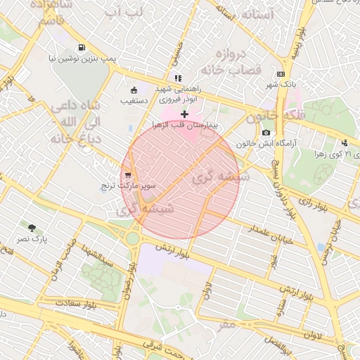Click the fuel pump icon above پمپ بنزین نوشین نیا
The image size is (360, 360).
coord(83,48)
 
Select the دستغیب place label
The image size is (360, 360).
coord(134,101)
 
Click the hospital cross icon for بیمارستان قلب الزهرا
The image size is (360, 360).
coord(185,114)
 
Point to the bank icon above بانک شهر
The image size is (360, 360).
coord(281,74)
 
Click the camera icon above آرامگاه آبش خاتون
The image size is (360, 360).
coord(266,132)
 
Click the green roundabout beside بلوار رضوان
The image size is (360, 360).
coord(131,238)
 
